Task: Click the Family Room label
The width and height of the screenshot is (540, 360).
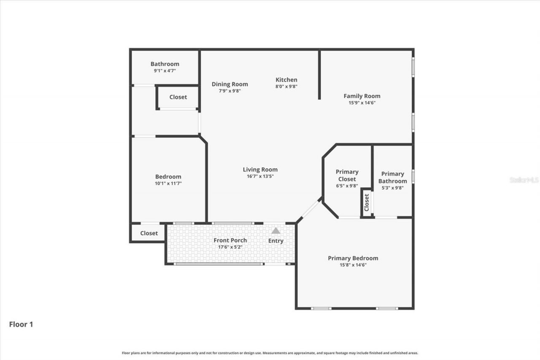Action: coord(362,96)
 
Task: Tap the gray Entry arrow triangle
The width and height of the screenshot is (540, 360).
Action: coord(276,231)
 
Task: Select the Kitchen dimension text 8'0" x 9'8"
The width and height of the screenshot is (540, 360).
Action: coord(286,87)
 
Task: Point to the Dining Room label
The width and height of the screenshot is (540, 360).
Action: coord(229,84)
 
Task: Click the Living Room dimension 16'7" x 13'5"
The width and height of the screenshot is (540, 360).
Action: coord(260,176)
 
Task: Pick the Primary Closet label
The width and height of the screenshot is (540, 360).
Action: coord(347,175)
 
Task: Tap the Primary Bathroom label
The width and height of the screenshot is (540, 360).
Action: coord(392,177)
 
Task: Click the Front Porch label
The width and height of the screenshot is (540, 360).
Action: coord(230,240)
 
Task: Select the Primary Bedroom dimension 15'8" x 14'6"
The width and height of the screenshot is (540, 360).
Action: coord(353,265)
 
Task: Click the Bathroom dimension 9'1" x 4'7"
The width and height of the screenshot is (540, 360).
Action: coord(165,71)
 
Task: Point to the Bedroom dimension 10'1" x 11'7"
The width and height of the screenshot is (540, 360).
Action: coord(168,184)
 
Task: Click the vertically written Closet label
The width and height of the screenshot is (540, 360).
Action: coord(366,202)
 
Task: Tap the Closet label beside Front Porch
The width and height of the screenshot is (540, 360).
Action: coord(149,233)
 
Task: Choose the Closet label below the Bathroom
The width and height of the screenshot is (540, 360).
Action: coord(178,97)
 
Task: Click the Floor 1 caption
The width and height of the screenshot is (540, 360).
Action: coord(21,325)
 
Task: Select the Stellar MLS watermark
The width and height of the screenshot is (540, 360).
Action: coord(524,180)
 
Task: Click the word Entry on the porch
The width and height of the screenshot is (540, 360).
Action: coord(276,241)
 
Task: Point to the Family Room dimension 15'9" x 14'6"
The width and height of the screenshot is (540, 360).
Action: coord(362,103)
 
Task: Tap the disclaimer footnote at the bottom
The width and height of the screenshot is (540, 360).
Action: coord(270,353)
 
